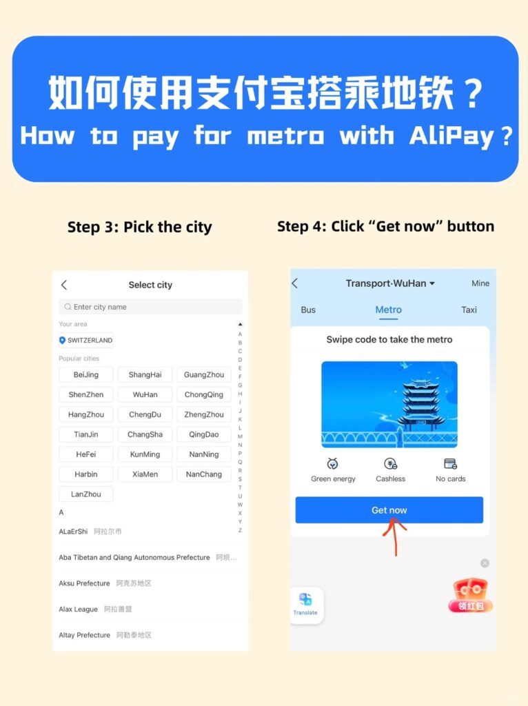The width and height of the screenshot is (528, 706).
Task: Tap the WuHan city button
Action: point(145,394)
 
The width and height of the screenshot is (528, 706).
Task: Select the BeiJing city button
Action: point(86,374)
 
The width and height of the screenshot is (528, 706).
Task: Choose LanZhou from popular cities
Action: point(86,494)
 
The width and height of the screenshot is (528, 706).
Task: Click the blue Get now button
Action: point(389,510)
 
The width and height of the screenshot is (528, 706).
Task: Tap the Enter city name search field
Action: point(150,307)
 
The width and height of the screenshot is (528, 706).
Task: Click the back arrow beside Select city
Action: point(64,285)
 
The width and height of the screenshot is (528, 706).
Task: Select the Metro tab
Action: point(388,310)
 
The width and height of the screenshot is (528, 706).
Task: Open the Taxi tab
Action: point(469,310)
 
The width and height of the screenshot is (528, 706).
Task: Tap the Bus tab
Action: point(308,310)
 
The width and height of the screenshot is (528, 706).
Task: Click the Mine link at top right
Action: point(480,283)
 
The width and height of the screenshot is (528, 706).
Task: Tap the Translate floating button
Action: point(305,604)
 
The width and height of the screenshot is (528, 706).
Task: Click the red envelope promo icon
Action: point(471,595)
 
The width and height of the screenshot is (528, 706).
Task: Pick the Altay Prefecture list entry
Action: point(85,635)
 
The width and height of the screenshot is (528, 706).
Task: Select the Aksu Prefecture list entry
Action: point(85,583)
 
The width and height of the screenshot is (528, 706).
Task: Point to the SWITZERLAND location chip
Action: point(86,340)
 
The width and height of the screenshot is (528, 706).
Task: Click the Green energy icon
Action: point(333,464)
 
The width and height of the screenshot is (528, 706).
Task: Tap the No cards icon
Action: point(450,464)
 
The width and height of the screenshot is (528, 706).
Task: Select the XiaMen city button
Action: point(145,474)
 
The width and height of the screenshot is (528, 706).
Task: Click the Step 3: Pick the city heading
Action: point(139,227)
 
